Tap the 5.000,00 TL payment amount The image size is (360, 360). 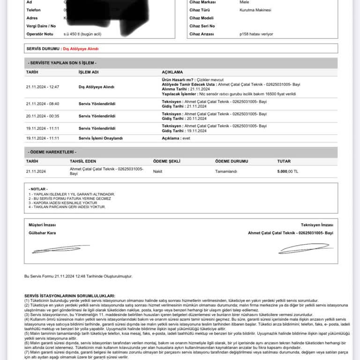click(x=287, y=172)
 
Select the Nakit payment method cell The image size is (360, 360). click(x=158, y=172)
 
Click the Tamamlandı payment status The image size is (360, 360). click(x=226, y=172)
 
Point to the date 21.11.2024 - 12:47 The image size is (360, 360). click(x=43, y=87)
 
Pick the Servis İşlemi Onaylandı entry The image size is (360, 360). click(x=100, y=138)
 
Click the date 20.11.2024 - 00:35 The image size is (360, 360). click(x=43, y=116)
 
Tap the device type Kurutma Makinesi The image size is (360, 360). click(x=255, y=10)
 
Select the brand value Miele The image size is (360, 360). click(x=244, y=2)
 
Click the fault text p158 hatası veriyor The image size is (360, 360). click(x=256, y=34)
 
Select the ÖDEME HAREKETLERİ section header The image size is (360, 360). click(x=52, y=152)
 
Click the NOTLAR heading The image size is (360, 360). click(x=38, y=189)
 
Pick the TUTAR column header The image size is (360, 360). click(x=284, y=161)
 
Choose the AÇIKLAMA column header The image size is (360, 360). click(x=172, y=72)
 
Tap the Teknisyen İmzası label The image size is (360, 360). click(x=317, y=225)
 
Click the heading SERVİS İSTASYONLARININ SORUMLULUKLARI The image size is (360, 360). click(x=69, y=296)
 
